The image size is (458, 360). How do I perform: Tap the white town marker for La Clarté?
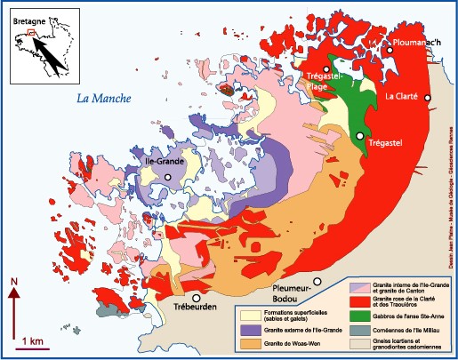(428, 98)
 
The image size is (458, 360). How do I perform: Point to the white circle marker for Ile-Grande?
(167, 178)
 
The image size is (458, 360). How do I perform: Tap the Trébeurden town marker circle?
(195, 298)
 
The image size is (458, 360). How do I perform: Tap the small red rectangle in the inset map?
(32, 35)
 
